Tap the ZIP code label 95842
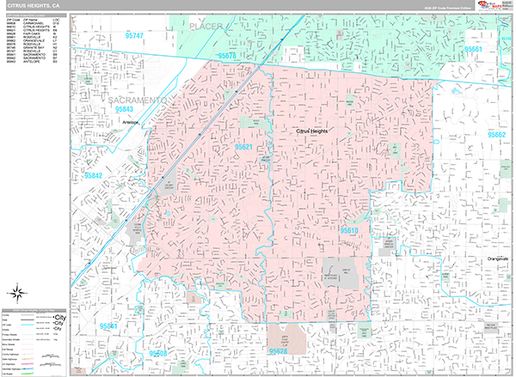(x=92, y=175)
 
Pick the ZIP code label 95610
(x=349, y=231)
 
